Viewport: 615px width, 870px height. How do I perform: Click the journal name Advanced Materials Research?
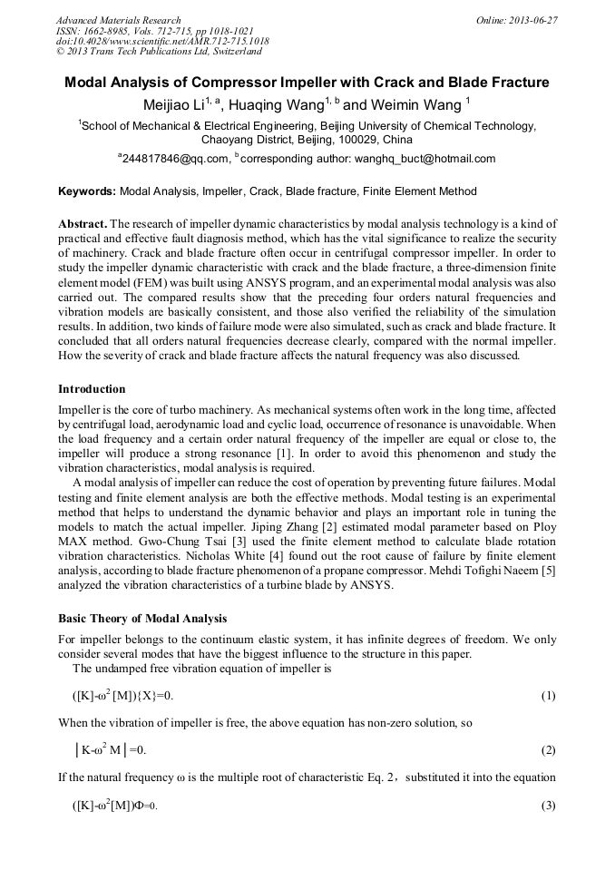click(119, 20)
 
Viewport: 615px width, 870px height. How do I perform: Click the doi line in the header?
click(162, 42)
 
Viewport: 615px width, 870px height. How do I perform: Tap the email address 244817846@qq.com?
click(176, 159)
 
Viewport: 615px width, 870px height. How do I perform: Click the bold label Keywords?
click(86, 192)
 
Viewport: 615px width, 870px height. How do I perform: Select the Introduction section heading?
click(92, 388)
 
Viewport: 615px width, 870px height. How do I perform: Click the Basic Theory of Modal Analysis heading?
click(142, 619)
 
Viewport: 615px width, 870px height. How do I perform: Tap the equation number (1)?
click(548, 696)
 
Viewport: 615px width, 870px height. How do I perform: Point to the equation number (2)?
click(548, 750)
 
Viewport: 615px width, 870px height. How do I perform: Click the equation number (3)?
click(548, 806)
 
